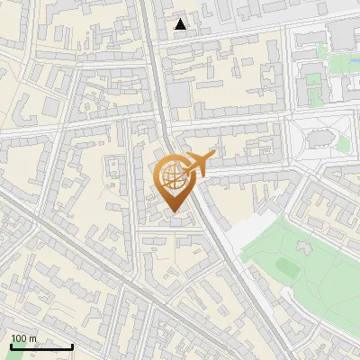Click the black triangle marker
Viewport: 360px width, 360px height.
click(181, 24)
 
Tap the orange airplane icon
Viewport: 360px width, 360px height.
click(199, 163)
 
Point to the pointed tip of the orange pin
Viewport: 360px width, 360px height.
click(173, 212)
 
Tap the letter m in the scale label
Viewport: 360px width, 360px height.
click(33, 338)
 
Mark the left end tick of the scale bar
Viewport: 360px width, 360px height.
click(11, 346)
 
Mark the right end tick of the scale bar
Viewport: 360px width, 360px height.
click(72, 346)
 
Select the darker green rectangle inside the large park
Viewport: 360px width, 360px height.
click(287, 266)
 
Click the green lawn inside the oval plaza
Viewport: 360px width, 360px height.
click(343, 142)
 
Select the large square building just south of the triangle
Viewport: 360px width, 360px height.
click(179, 94)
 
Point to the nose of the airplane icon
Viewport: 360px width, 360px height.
click(213, 157)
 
